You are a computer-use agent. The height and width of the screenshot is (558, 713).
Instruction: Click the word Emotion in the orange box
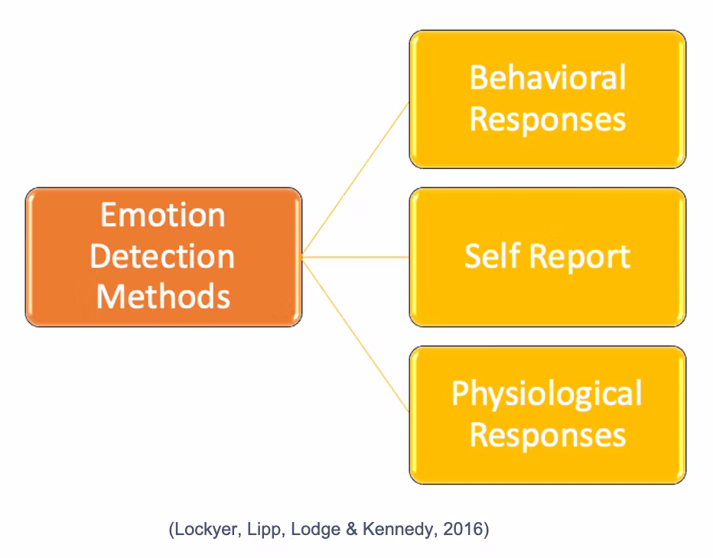coord(163,215)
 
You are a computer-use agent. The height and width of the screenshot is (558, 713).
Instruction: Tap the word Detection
coord(162,256)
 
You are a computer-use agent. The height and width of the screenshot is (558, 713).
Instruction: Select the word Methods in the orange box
coord(163,297)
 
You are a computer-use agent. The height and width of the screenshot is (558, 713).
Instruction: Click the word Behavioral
coord(548,77)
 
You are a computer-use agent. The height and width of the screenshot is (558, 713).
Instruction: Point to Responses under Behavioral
coord(548,120)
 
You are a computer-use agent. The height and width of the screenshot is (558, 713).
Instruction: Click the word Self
coord(493,256)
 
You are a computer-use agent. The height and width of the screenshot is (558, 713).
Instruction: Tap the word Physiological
coord(546,394)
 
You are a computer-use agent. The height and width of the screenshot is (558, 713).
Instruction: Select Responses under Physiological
coord(548,435)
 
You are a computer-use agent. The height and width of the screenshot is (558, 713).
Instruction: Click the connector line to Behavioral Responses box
coord(356,179)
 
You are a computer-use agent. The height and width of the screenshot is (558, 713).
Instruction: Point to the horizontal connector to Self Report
coord(356,257)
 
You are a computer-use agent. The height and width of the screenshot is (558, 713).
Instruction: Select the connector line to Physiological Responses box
coord(356,336)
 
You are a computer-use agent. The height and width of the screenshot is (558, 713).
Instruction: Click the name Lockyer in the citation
coord(208,530)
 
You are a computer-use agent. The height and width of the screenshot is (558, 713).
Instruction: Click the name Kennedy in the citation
coord(399,530)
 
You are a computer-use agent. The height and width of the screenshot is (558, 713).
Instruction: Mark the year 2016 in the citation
coord(463,529)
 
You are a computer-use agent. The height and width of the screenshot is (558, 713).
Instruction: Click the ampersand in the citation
coord(351,529)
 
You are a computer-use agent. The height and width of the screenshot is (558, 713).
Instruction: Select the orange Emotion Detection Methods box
coord(164,257)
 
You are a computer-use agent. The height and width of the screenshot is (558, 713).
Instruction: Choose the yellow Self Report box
coord(548,257)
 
